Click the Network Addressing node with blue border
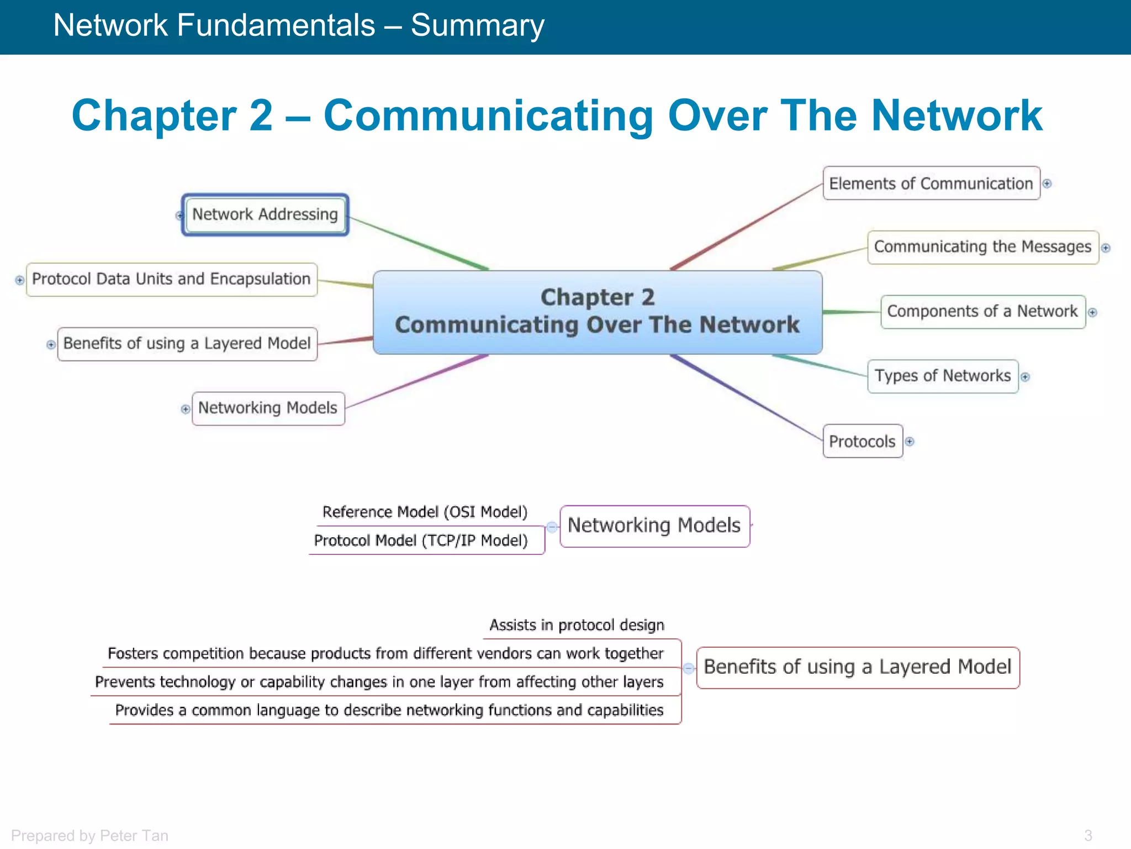coord(265,214)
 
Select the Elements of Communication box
coord(931,184)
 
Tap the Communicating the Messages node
coord(982,247)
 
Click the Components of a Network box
coord(982,312)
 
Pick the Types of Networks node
coord(942,376)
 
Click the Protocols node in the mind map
coord(862,441)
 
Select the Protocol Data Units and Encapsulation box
coord(171,279)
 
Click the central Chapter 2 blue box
coord(598,312)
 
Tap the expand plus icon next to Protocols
coord(910,441)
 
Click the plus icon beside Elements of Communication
coord(1047,184)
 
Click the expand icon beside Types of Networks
coord(1026,377)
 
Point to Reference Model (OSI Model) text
coord(425,512)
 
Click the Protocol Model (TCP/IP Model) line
coord(421,540)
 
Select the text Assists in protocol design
coord(577,625)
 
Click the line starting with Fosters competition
coord(385,653)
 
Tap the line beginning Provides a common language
coord(389,710)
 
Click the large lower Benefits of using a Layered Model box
coord(858,667)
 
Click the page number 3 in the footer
coord(1088,835)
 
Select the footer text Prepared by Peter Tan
coord(89,835)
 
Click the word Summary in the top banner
coord(477,25)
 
